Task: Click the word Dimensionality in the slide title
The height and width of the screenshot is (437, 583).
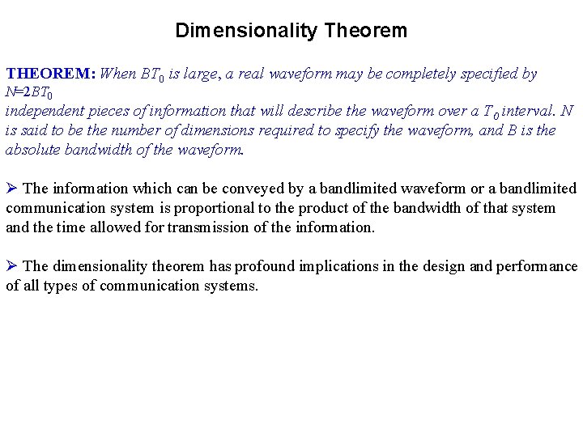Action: click(x=246, y=32)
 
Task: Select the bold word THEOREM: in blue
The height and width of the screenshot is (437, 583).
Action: click(x=51, y=74)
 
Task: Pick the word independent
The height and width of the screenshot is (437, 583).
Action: click(x=40, y=111)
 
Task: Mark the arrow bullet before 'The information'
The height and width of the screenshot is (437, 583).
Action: click(x=11, y=189)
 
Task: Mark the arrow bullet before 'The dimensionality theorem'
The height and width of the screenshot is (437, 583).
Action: click(x=11, y=266)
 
